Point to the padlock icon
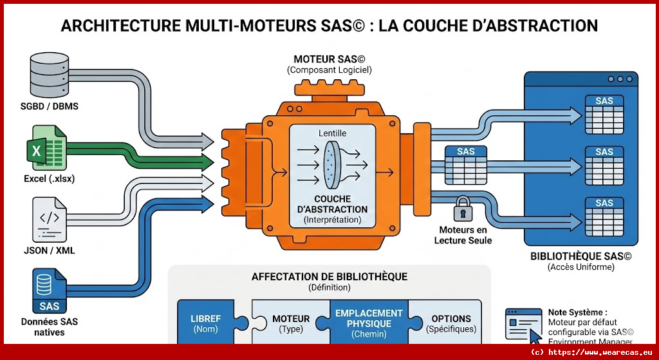[x=462, y=210]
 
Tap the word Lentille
[x=332, y=133]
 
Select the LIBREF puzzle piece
[x=205, y=323]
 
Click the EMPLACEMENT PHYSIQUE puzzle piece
[x=369, y=323]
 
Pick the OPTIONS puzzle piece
[x=451, y=323]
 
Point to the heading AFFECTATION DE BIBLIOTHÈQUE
[x=329, y=277]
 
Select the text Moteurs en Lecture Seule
[x=463, y=235]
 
